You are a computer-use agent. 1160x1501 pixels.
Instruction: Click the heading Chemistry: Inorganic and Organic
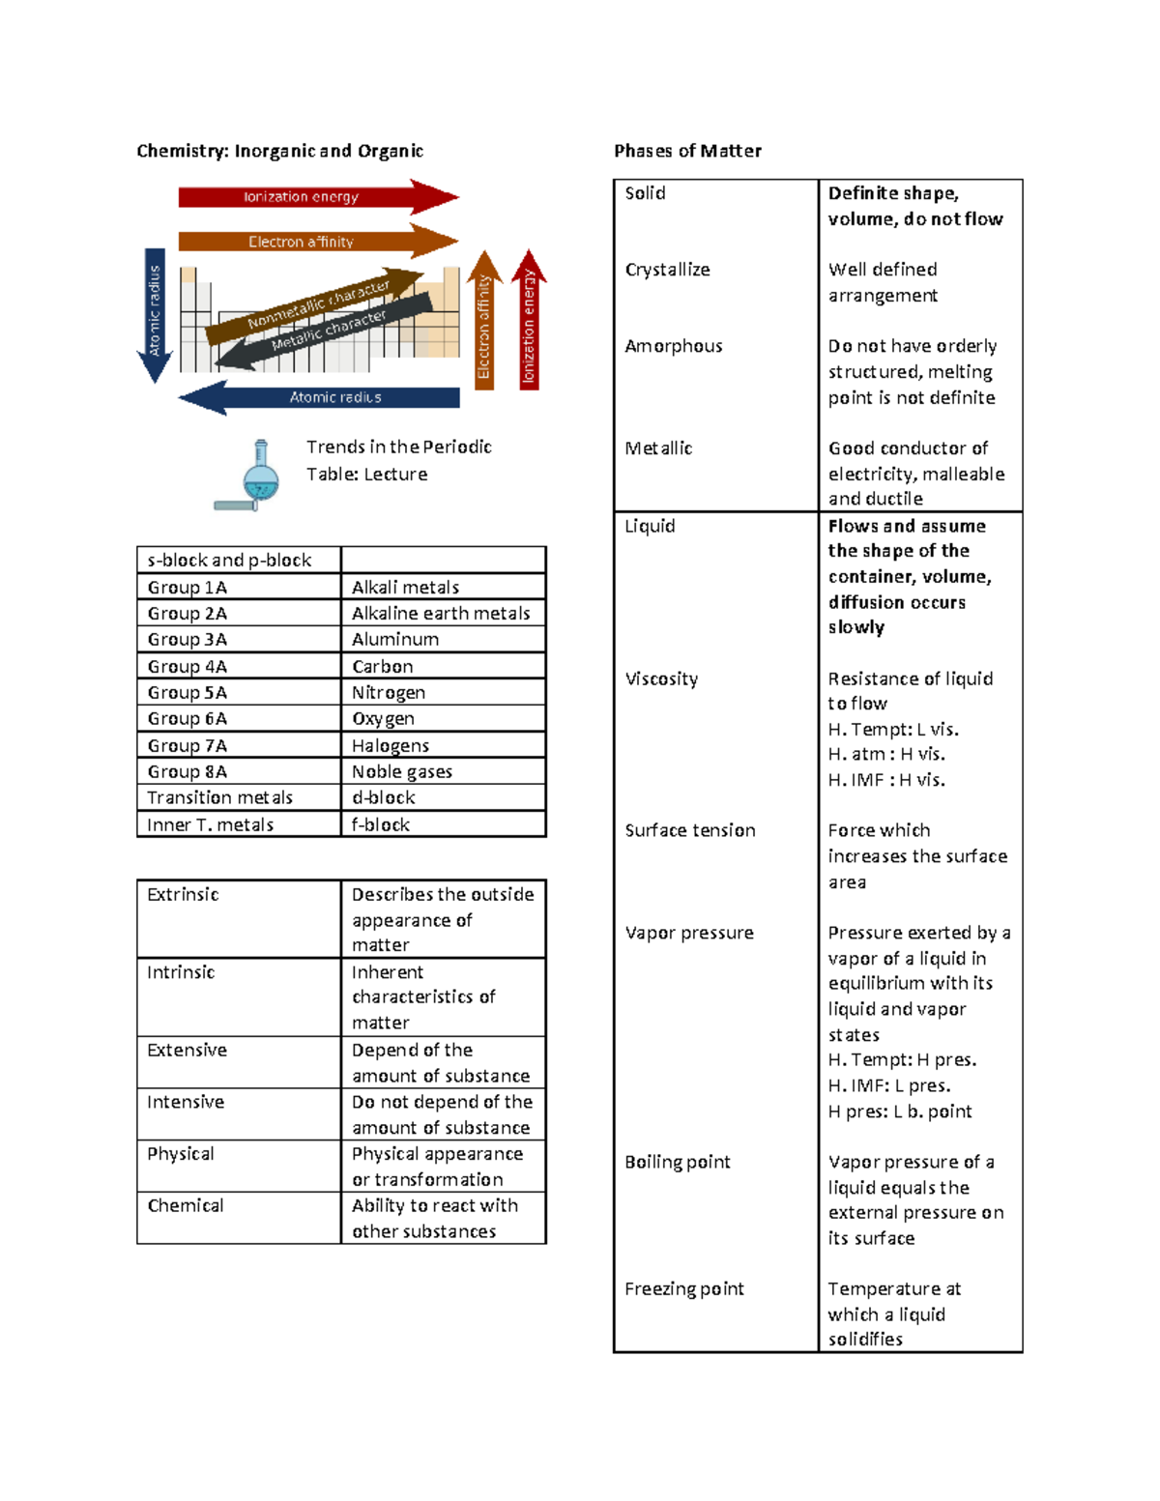(279, 151)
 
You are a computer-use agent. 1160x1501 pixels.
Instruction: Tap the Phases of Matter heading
(687, 151)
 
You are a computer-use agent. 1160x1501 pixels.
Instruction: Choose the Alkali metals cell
(405, 588)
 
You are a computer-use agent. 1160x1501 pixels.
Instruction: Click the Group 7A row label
(188, 745)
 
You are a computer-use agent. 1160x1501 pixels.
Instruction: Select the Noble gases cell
(402, 771)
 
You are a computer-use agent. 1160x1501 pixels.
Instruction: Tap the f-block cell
(381, 824)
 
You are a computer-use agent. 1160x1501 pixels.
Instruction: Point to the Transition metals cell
(219, 797)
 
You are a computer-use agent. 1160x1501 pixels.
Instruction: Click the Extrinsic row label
(183, 895)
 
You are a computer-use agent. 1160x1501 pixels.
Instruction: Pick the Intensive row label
(186, 1102)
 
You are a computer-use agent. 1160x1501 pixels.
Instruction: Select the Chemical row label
(186, 1205)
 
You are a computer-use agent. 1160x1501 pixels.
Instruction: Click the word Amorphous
(674, 346)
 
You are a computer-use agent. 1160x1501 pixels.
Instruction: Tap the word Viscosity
(661, 678)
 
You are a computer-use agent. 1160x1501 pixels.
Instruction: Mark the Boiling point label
(678, 1162)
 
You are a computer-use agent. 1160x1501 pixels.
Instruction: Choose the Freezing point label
(684, 1288)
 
